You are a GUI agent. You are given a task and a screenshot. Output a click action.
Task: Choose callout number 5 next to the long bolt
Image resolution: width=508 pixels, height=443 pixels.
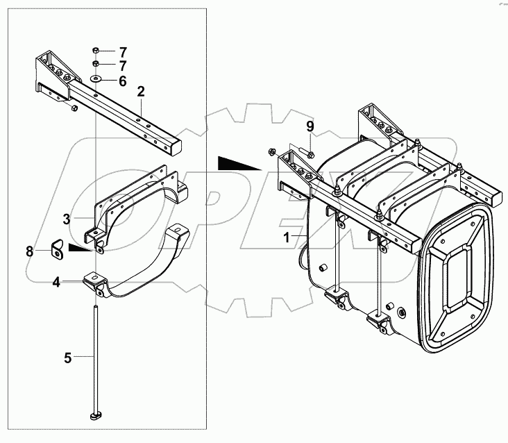[68, 358]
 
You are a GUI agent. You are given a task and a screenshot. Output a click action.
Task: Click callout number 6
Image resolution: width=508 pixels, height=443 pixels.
[122, 81]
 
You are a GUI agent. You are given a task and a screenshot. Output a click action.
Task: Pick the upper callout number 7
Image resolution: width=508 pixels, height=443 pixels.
[122, 52]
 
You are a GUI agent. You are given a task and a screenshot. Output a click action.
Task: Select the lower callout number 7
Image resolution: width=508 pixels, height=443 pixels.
[122, 66]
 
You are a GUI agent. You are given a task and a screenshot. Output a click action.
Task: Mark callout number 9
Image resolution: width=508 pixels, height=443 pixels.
[311, 127]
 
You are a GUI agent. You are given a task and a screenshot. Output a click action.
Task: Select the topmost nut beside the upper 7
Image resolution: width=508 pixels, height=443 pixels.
[96, 51]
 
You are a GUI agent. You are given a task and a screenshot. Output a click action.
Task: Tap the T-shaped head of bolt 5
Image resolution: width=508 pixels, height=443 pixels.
[95, 417]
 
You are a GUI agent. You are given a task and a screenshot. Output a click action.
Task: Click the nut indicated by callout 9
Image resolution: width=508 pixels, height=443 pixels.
[310, 153]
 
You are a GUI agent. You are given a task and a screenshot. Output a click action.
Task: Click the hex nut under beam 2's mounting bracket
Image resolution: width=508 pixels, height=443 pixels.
[72, 108]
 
